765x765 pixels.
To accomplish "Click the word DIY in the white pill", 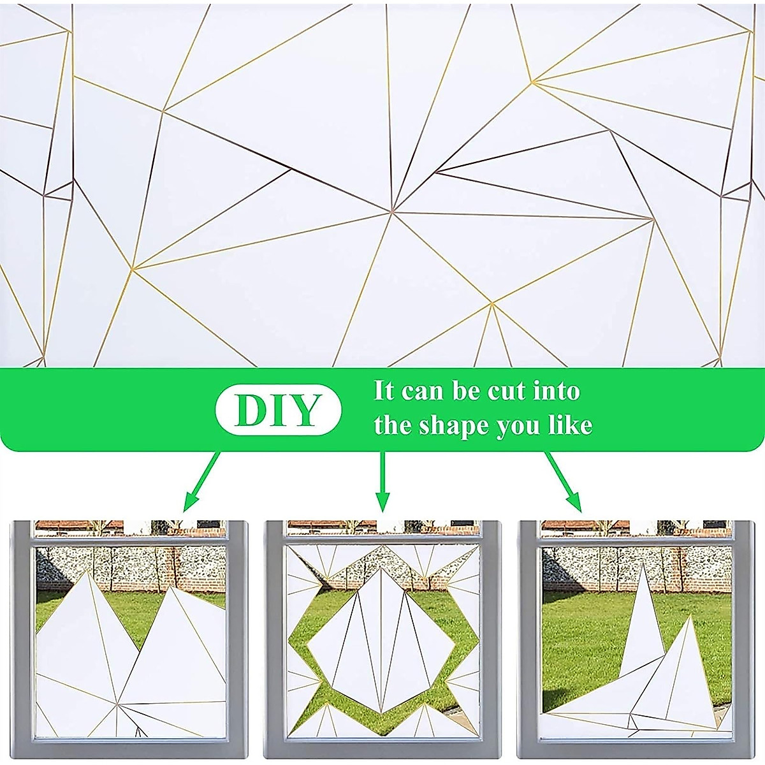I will click(279, 411).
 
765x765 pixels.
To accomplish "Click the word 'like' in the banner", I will click(570, 425).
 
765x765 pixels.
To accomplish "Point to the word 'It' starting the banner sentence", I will click(384, 390).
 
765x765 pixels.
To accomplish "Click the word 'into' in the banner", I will click(557, 390).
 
